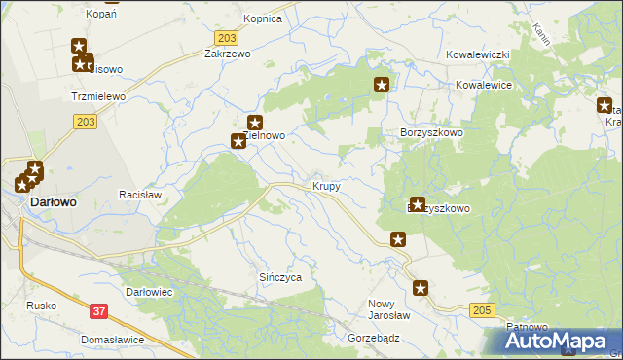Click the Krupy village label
(x=326, y=185)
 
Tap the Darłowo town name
(x=55, y=201)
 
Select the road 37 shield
(x=98, y=310)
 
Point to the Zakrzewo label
(x=228, y=54)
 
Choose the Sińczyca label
(x=279, y=277)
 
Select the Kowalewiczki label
(x=478, y=55)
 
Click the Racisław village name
(x=139, y=195)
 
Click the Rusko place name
(x=42, y=306)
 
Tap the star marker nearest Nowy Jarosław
(x=421, y=288)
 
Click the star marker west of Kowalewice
(x=383, y=86)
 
